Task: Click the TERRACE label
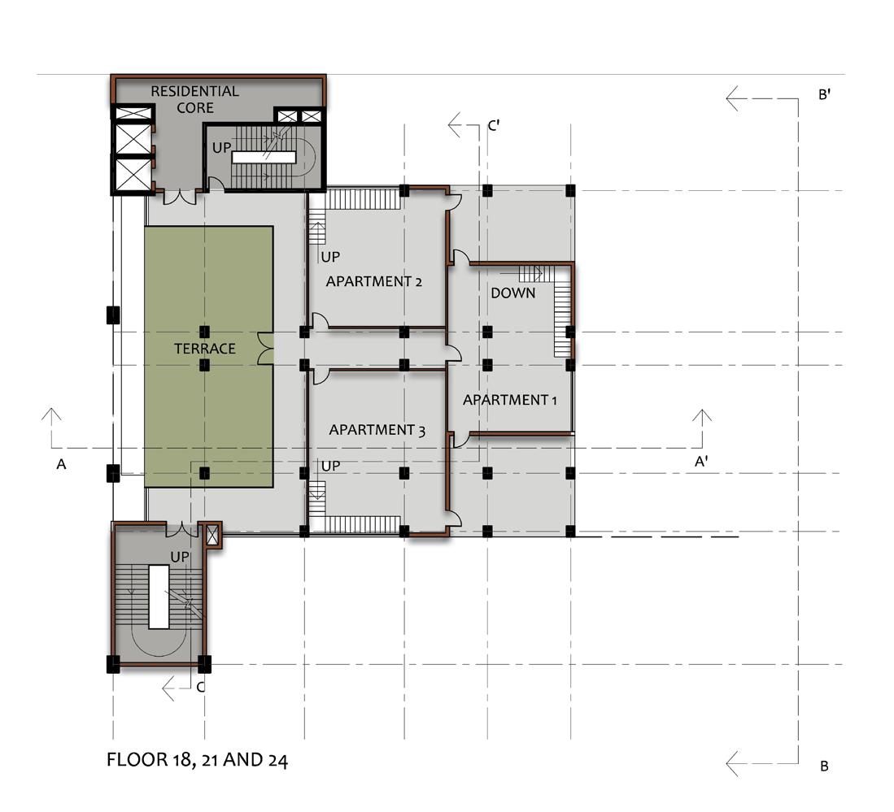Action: [205, 349]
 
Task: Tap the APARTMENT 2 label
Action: [374, 281]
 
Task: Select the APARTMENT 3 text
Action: [377, 430]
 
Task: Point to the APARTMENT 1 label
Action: [510, 400]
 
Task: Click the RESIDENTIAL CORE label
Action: [195, 99]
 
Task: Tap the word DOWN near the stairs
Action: [513, 293]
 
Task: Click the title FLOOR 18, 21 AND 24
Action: [198, 760]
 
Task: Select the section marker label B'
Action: [824, 94]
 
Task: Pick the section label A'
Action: [701, 462]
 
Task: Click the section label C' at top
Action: [494, 125]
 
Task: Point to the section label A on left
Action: [61, 464]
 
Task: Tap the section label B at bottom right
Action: [824, 766]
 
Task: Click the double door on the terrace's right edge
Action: [266, 349]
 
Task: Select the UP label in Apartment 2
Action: [330, 257]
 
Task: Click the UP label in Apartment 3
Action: [331, 466]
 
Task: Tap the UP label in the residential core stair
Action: [222, 148]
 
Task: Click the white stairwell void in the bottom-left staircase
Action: [159, 597]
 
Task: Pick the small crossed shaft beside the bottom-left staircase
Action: [212, 535]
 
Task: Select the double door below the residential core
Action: [180, 197]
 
